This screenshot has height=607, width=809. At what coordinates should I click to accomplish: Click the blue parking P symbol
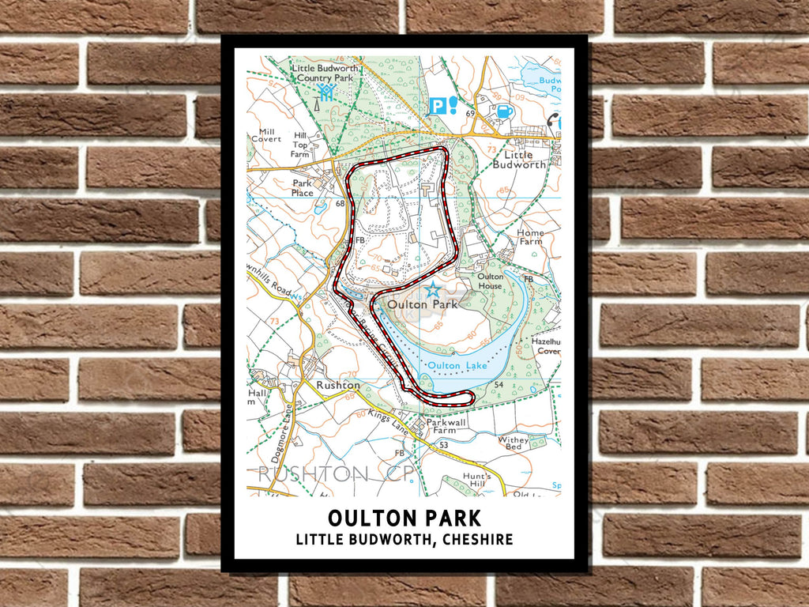coord(436,105)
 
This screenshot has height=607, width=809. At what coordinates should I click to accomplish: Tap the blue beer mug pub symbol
coord(503,110)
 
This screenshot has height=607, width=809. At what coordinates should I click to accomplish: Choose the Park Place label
coord(303,187)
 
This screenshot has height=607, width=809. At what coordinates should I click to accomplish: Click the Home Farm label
coord(530,238)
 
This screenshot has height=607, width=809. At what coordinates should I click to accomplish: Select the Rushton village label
coord(338,385)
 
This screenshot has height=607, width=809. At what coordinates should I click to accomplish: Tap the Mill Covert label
coord(266,135)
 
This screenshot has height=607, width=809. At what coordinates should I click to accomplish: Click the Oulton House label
coord(491,281)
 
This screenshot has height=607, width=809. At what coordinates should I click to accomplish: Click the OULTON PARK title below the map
coord(404,518)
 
